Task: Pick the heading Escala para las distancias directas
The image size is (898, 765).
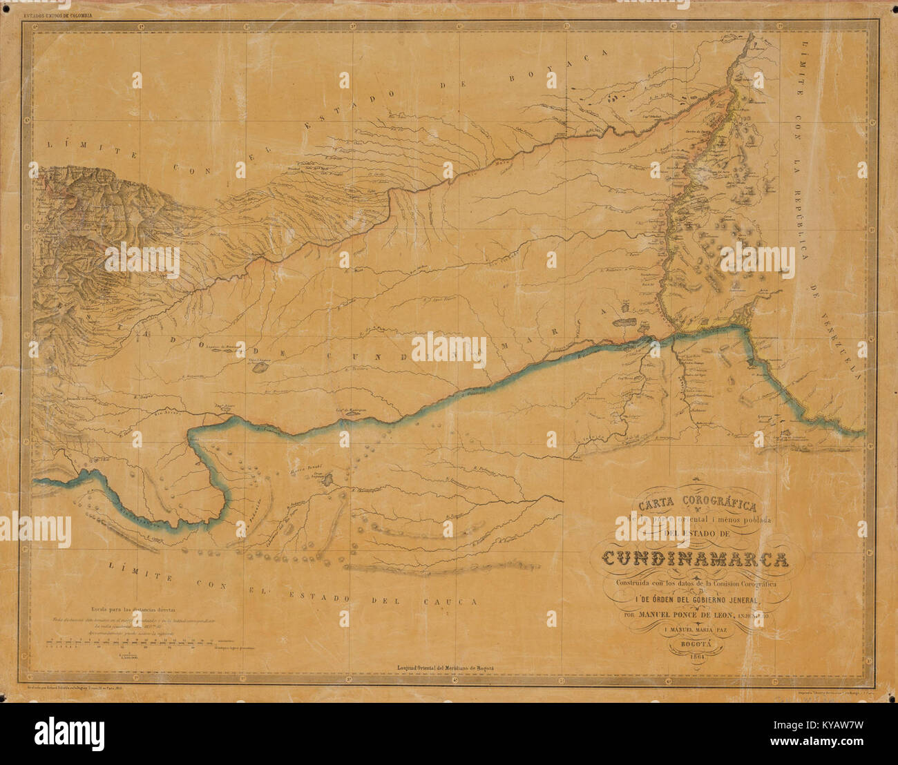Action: (x=133, y=610)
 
